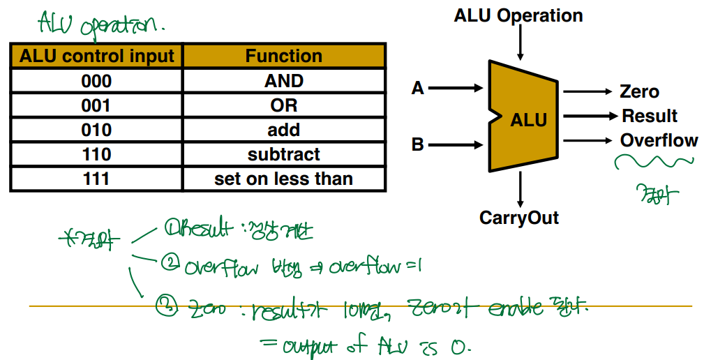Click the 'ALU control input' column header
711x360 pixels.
[x=96, y=56]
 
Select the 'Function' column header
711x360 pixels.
[x=283, y=56]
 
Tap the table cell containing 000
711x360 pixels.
[x=96, y=81]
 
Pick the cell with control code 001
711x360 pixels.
[x=96, y=105]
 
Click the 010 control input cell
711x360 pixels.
[x=96, y=130]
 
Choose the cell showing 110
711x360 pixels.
[x=96, y=154]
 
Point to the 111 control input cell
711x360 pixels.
[x=96, y=179]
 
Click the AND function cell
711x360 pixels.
[x=283, y=81]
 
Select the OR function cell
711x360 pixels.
[x=283, y=105]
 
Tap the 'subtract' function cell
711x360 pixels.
[x=283, y=154]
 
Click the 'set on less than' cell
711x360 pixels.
[x=283, y=179]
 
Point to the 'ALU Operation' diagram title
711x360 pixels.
[x=518, y=15]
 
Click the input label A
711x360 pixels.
[x=418, y=89]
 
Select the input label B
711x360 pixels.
[x=418, y=145]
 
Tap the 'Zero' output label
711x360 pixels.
[x=639, y=91]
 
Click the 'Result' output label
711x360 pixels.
[x=650, y=116]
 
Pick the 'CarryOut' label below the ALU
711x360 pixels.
[x=519, y=218]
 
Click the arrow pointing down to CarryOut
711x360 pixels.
[x=520, y=188]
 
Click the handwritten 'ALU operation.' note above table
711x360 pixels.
[x=101, y=25]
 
